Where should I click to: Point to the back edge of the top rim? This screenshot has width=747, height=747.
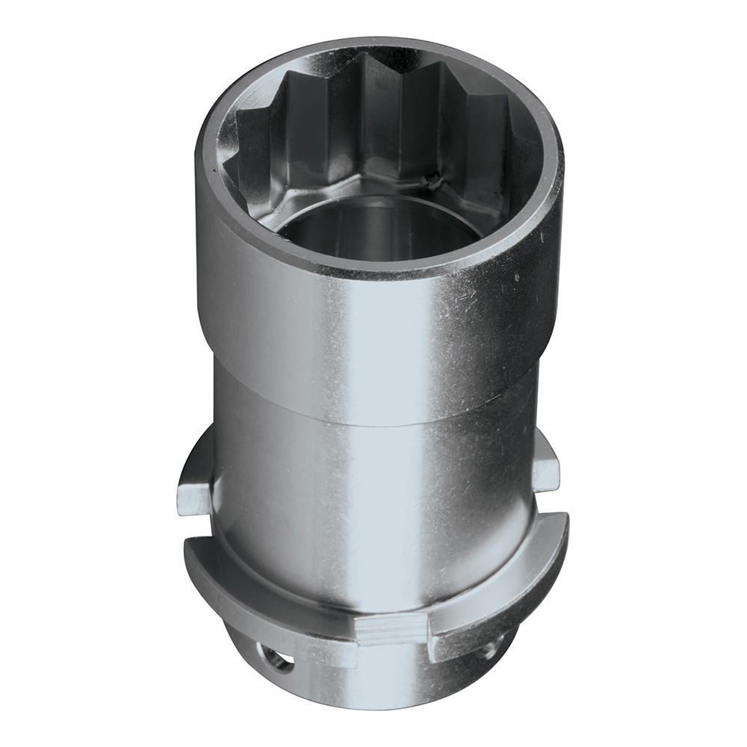[x=373, y=46]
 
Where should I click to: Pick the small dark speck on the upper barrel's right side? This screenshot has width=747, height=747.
[x=515, y=277]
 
